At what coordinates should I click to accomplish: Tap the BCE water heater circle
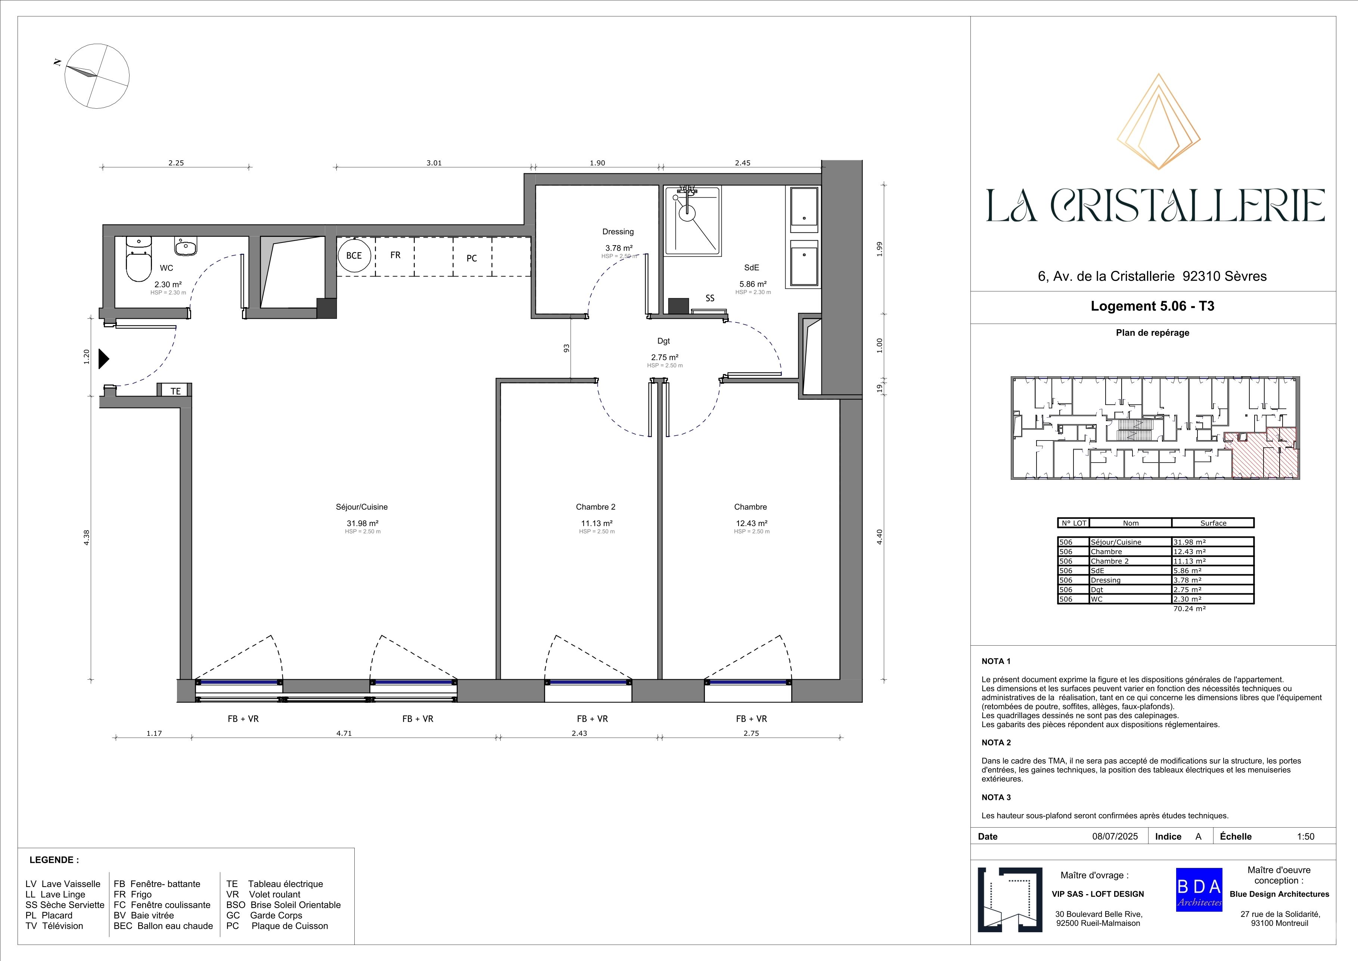[x=354, y=256]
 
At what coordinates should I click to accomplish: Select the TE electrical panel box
[x=175, y=390]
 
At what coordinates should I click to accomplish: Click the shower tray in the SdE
[x=692, y=221]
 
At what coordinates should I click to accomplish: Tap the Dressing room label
[x=618, y=231]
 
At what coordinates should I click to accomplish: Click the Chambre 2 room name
[x=596, y=507]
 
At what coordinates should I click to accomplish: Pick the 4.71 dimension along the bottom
[x=344, y=733]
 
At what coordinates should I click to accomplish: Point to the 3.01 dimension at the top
[x=434, y=163]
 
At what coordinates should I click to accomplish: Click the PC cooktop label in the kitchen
[x=471, y=258]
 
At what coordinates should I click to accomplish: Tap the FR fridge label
[x=395, y=255]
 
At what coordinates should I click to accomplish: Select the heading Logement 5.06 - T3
[x=1152, y=306]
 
